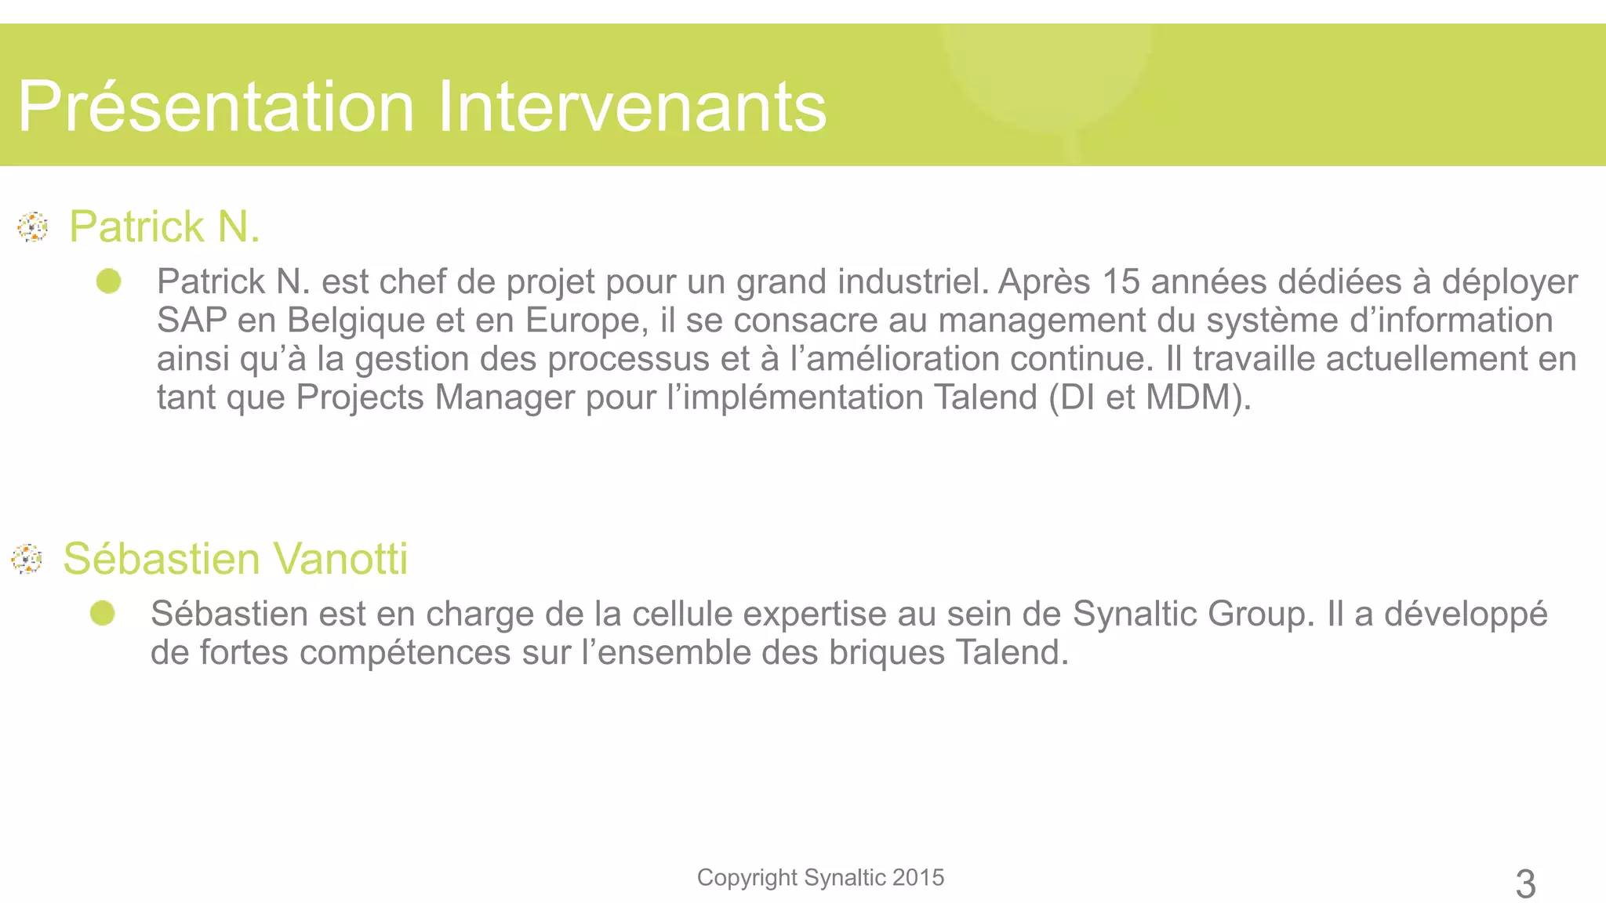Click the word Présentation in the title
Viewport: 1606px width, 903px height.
216,107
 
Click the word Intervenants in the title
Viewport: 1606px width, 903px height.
631,107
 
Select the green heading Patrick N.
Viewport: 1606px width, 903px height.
164,227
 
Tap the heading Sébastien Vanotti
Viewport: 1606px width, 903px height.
235,559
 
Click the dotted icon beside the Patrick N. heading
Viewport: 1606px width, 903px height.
33,227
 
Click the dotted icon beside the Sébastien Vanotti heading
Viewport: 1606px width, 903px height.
27,559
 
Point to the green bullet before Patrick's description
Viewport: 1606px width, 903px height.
109,281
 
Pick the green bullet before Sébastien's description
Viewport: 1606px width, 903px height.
103,613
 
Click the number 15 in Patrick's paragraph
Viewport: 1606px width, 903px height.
1121,281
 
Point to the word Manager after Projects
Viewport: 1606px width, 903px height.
504,397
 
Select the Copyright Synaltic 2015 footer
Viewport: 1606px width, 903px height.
820,877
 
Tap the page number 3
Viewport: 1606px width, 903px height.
1525,884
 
